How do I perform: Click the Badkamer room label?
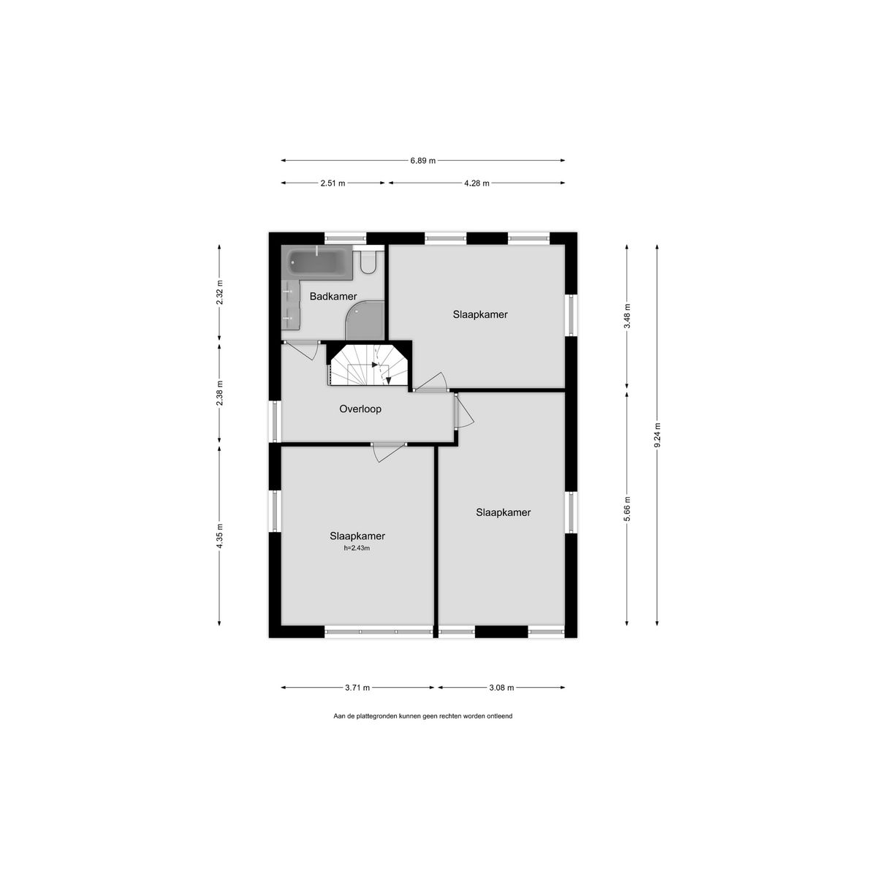333,296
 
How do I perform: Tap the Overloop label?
360,409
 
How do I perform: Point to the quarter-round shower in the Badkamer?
365,320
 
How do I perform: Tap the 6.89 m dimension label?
423,160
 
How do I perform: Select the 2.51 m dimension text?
333,183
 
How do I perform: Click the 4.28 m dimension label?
477,183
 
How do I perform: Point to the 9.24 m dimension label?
657,435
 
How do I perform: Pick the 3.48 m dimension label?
626,316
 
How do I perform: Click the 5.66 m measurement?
626,509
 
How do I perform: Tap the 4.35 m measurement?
219,536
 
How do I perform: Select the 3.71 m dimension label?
357,687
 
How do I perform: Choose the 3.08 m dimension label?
501,687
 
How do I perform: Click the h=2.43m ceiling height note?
357,548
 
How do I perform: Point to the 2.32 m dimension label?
219,293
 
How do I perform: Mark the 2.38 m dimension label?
219,393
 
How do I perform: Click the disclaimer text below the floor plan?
423,716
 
